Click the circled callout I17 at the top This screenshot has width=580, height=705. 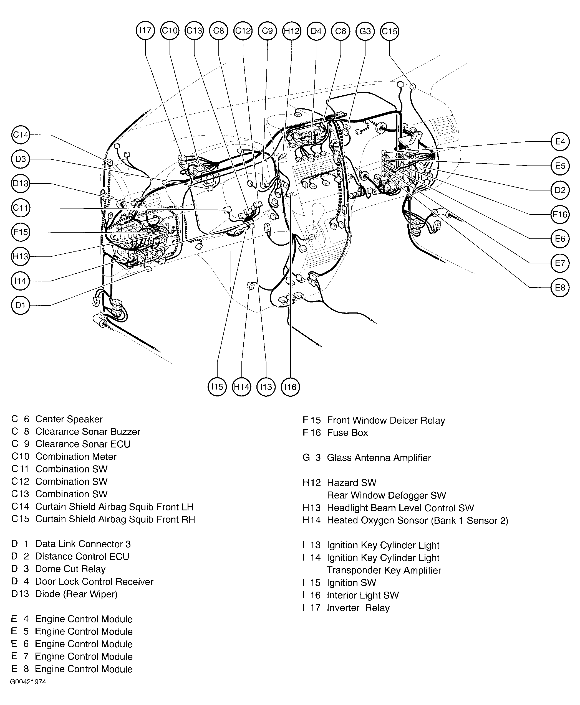point(145,31)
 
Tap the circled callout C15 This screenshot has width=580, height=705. point(390,31)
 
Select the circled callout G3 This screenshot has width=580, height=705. point(365,31)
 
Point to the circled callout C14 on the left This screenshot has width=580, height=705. point(20,134)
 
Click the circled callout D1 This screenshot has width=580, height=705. point(20,305)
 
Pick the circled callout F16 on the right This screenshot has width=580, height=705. point(560,214)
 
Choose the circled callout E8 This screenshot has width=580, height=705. point(560,287)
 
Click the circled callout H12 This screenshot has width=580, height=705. point(292,31)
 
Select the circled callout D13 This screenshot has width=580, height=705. point(20,183)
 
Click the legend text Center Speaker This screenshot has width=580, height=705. point(69,419)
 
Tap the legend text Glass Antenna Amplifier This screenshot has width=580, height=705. point(379,458)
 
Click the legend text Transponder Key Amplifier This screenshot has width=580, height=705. point(384,570)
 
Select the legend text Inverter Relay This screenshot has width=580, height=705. point(358,608)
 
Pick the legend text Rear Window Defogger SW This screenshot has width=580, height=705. point(386,495)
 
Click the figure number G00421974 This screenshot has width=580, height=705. point(28,682)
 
